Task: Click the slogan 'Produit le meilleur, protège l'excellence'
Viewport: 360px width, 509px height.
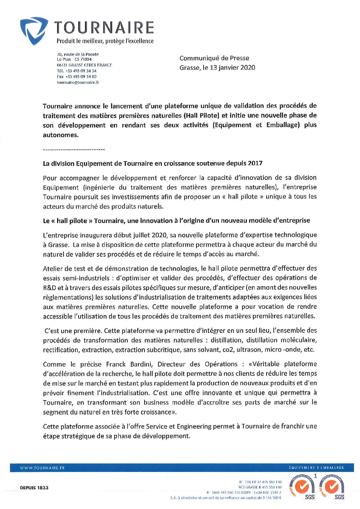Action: [105, 41]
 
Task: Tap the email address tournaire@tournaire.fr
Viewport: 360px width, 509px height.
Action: [78, 82]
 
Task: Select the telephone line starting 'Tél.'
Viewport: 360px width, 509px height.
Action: [76, 71]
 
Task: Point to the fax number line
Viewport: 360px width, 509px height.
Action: [76, 77]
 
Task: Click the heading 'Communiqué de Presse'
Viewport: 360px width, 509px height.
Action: [214, 58]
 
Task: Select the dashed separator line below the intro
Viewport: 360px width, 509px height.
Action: [74, 150]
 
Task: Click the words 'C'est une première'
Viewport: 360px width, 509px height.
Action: [73, 330]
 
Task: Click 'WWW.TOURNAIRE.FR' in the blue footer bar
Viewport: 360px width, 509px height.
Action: [42, 468]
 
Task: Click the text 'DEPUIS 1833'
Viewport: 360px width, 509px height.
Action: [34, 488]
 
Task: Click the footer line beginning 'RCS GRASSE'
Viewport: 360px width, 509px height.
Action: [260, 487]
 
